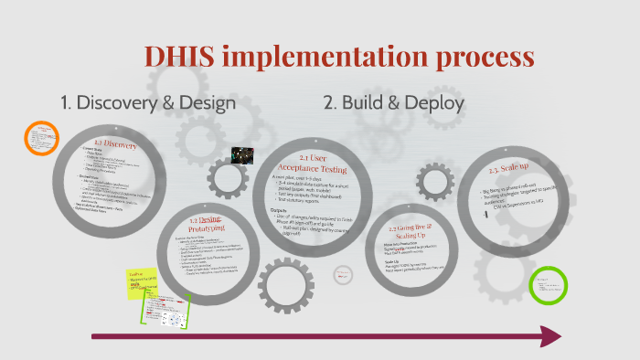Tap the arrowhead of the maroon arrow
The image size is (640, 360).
[x=550, y=337]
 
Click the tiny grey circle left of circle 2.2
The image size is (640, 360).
[x=344, y=274]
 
